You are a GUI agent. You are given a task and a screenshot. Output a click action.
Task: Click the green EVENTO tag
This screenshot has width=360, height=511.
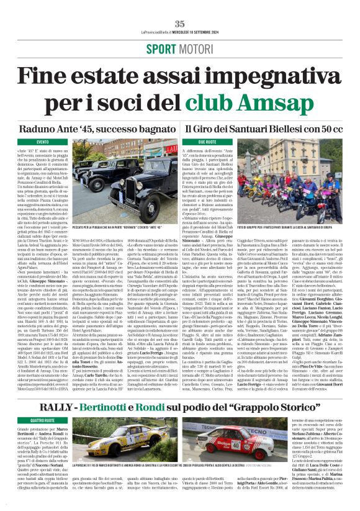point(43,142)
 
